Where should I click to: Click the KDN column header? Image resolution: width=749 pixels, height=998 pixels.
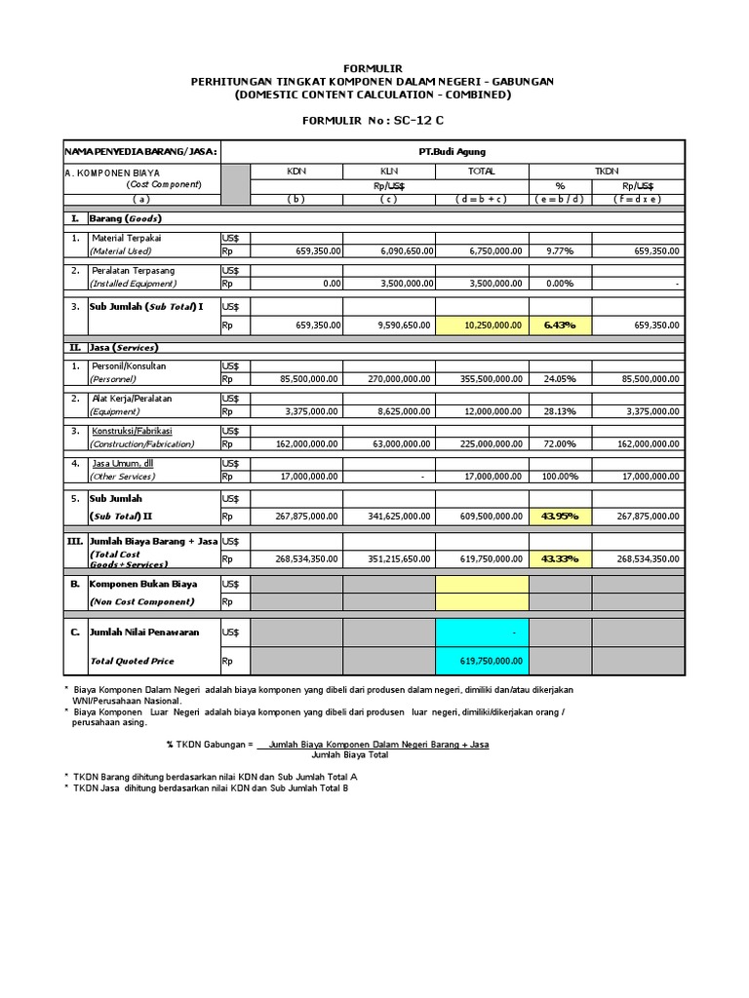coord(296,171)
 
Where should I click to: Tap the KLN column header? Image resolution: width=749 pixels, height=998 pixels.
coord(389,171)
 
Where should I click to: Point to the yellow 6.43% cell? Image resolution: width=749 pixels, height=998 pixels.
coord(560,325)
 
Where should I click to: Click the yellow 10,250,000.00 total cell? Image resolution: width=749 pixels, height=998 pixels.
coord(482,325)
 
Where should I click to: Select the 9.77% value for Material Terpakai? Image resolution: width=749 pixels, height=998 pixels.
coord(560,250)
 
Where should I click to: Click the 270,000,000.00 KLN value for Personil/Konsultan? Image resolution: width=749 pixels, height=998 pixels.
coord(390,379)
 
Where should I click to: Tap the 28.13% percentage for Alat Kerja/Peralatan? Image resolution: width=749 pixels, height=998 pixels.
coord(560,411)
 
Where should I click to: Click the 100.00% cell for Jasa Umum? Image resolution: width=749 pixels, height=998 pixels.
coord(560,477)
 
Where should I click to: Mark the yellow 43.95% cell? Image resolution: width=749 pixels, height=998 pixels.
coord(560,516)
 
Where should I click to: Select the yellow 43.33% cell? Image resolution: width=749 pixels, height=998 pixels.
coord(560,558)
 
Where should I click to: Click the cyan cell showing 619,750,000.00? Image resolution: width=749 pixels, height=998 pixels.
coord(482,661)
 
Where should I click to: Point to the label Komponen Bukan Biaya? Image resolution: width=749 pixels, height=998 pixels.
coord(143,584)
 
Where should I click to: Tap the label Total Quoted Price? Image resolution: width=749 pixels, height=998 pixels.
coord(132,661)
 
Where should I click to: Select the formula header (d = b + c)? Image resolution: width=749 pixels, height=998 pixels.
coord(482,199)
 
